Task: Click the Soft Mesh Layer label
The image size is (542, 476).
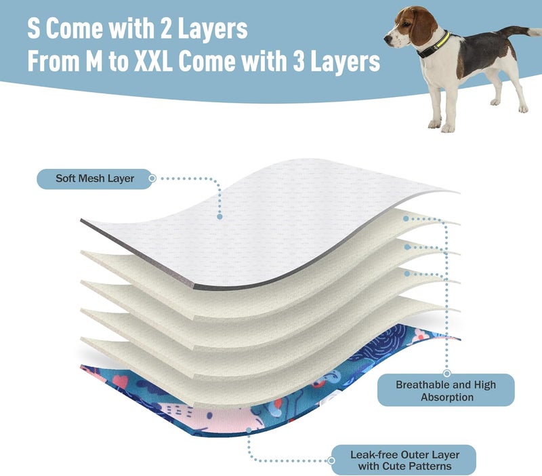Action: pyautogui.click(x=94, y=179)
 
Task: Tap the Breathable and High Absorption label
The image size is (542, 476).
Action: pyautogui.click(x=446, y=390)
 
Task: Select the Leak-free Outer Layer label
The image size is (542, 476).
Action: pyautogui.click(x=404, y=460)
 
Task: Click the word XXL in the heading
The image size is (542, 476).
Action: pyautogui.click(x=153, y=61)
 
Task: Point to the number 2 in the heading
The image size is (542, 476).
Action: pyautogui.click(x=166, y=28)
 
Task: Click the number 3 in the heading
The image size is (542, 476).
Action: pyautogui.click(x=299, y=61)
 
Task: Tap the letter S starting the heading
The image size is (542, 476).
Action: pyautogui.click(x=33, y=28)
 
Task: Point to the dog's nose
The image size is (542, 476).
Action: pyautogui.click(x=386, y=39)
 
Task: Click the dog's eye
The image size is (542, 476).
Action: pyautogui.click(x=404, y=24)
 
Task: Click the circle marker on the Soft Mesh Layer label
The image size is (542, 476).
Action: pyautogui.click(x=152, y=178)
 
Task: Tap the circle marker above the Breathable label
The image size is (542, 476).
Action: pyautogui.click(x=447, y=373)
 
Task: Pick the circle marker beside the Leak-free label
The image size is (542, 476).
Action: pyautogui.click(x=331, y=460)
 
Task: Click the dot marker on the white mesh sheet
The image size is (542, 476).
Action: pyautogui.click(x=220, y=216)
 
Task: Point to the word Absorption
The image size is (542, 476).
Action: pyautogui.click(x=447, y=397)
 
